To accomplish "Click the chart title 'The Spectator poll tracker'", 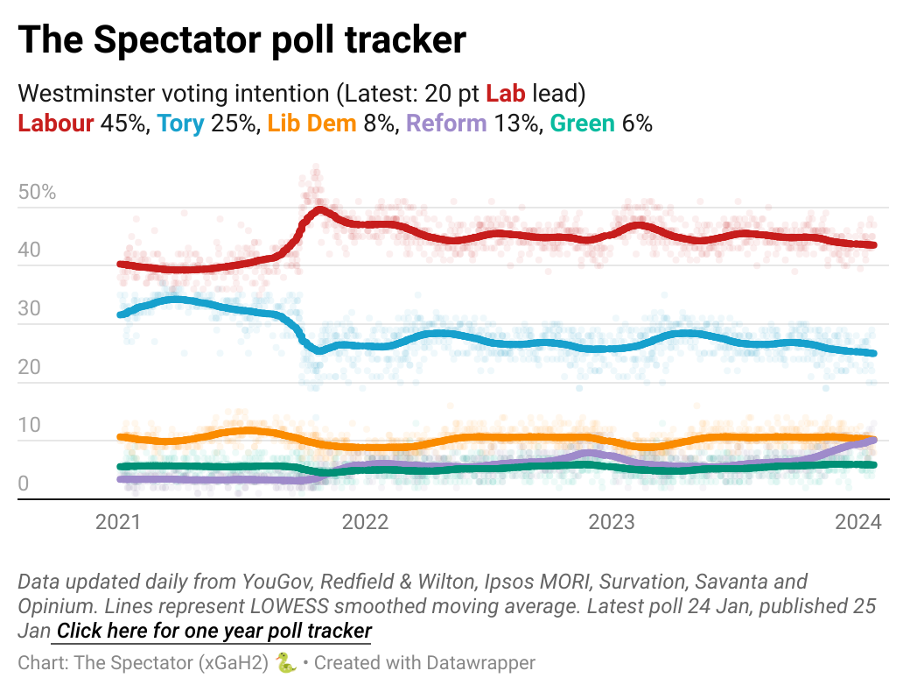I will (241, 40).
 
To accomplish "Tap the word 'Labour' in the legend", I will (56, 124).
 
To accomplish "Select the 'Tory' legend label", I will (181, 124).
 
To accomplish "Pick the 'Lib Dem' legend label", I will (312, 124).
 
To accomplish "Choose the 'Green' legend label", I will (582, 124).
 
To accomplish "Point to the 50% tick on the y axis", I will (37, 193).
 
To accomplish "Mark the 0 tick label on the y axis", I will (24, 484).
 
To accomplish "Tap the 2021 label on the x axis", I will (118, 523).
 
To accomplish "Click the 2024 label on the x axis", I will (858, 523).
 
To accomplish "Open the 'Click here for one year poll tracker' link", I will (213, 631).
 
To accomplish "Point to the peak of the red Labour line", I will (319, 210).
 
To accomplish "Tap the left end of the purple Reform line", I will (121, 479).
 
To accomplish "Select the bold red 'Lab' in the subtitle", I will (503, 93).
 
